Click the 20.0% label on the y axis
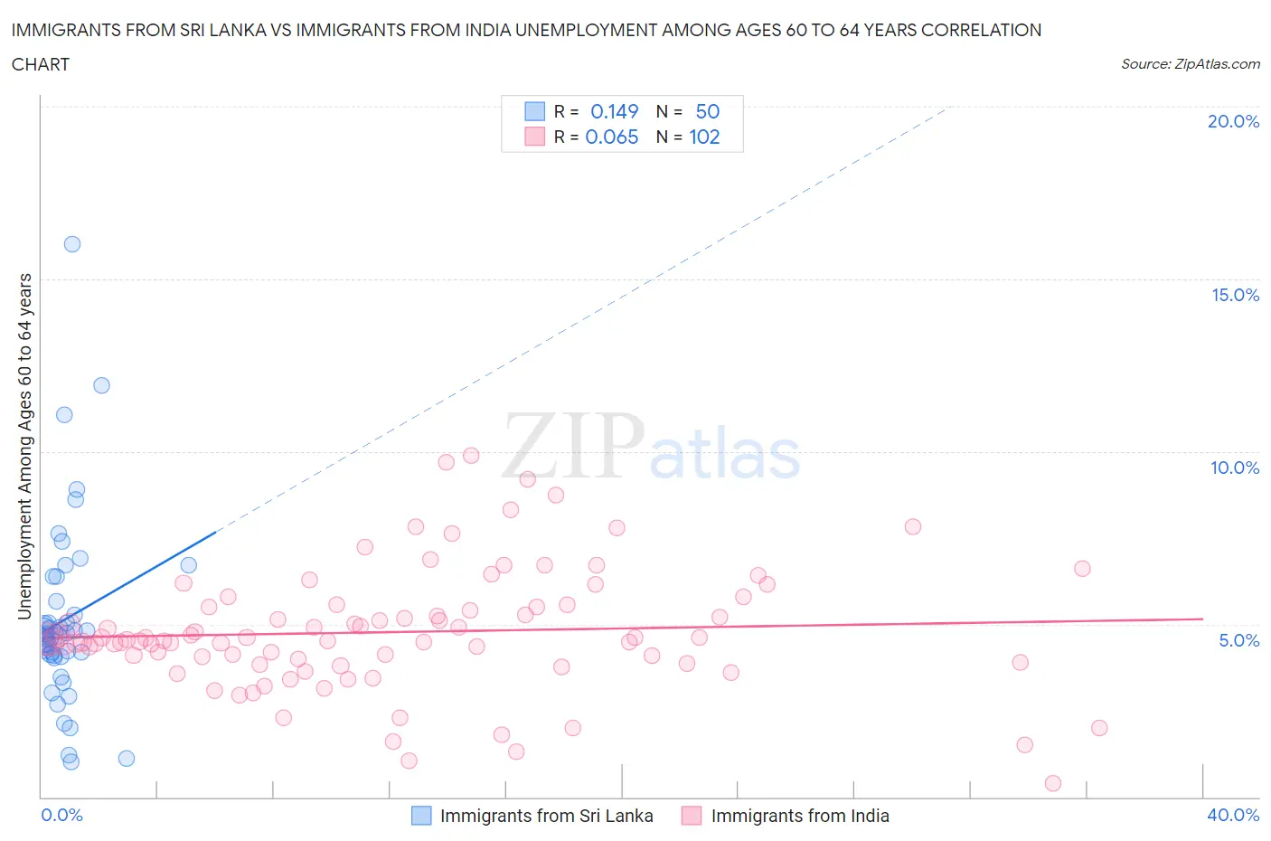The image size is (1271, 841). point(1233,121)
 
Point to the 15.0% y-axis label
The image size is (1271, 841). point(1235,295)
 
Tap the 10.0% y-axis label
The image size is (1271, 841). point(1235,468)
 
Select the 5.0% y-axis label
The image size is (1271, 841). point(1238,640)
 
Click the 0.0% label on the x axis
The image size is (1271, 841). point(61,815)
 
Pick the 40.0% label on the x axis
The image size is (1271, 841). point(1233,815)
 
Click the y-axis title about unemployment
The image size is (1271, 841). point(25,447)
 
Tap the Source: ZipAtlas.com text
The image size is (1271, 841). point(1190,64)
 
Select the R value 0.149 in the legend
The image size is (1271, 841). point(614,111)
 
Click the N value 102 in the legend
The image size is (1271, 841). point(704,137)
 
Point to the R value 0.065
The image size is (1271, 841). point(612,137)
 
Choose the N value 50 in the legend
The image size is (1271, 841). point(707,111)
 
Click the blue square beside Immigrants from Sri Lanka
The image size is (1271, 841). point(421,816)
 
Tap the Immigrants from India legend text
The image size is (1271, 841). point(800,816)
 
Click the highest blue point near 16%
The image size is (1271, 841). point(72,244)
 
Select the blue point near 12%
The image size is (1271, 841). point(101,385)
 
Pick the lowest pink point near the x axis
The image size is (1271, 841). point(1052,783)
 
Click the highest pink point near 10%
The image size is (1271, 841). point(471,456)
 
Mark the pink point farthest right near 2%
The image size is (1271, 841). point(1099,728)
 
